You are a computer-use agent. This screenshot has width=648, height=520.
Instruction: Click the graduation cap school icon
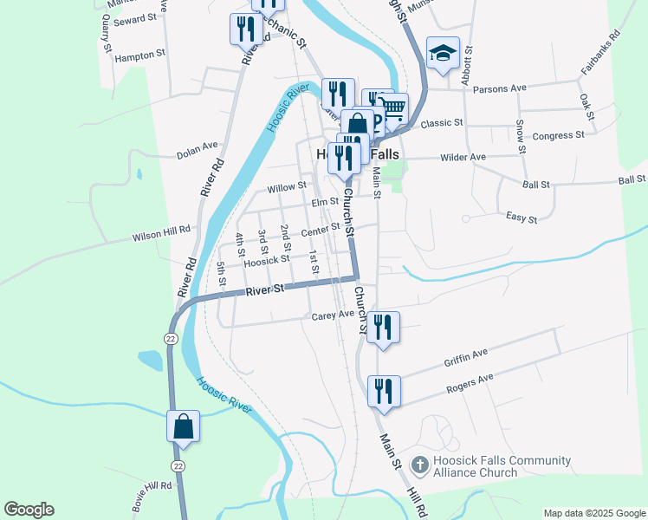click(443, 53)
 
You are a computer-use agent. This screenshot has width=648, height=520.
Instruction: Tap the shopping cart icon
click(393, 109)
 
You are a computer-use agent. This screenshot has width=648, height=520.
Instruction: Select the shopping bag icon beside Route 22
click(183, 426)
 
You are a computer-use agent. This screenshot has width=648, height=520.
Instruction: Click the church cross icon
click(419, 465)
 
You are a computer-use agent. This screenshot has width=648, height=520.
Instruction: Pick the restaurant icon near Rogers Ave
click(383, 391)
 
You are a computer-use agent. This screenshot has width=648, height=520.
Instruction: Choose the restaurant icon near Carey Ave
click(383, 327)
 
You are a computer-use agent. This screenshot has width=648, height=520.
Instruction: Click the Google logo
click(29, 510)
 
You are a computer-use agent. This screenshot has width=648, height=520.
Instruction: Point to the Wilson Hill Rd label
click(160, 236)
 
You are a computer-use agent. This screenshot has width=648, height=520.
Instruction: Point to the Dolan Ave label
click(198, 150)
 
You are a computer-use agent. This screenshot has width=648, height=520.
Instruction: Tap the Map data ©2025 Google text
click(594, 513)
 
